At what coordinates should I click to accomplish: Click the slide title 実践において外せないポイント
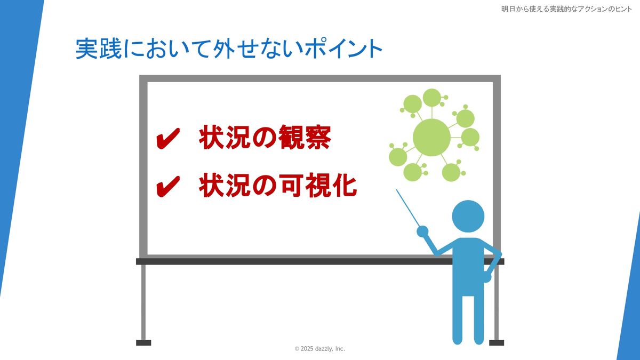229,49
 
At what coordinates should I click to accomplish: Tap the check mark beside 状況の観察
168,138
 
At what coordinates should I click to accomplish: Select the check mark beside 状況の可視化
168,186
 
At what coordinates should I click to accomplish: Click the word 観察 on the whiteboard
305,138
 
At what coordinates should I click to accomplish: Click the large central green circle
431,138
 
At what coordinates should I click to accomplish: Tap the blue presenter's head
468,217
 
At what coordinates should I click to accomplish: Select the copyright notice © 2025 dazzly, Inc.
319,349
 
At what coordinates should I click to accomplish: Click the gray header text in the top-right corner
566,9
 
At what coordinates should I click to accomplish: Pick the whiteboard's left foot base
143,342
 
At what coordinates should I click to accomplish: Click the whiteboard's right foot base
497,342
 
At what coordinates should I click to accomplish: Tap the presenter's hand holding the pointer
422,231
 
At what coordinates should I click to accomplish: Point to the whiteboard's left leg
143,302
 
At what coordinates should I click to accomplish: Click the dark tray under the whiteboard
320,261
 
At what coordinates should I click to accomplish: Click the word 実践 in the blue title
99,49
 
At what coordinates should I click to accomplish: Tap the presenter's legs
468,319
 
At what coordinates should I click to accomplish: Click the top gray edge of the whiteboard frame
320,78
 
